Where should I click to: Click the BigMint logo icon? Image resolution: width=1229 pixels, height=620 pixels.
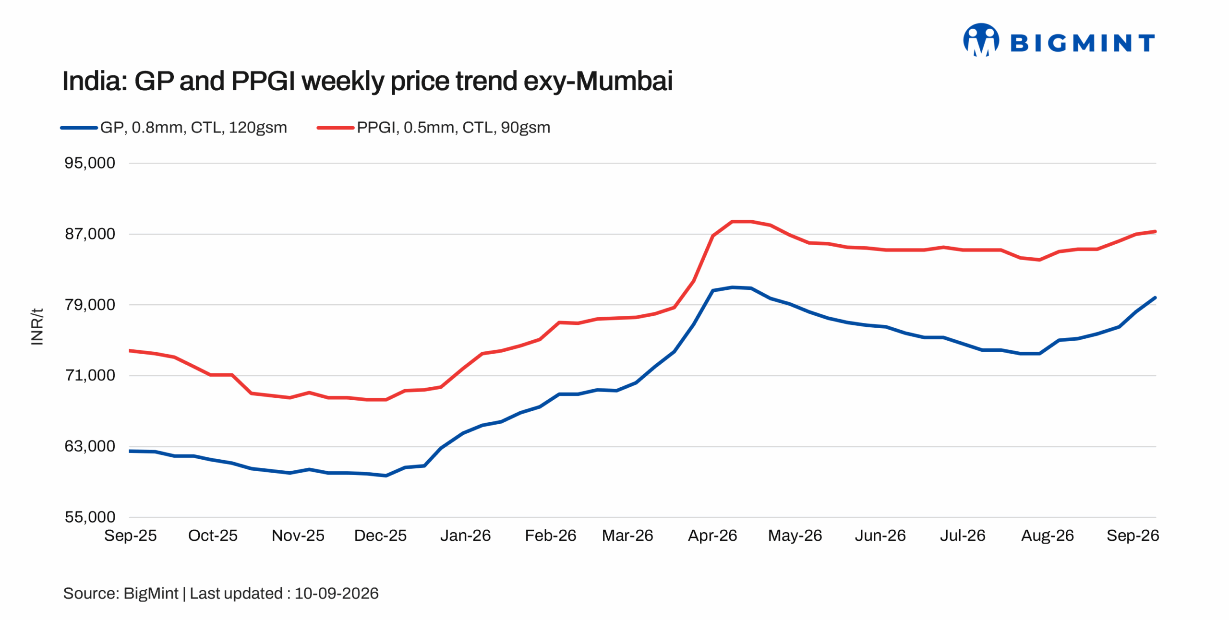pyautogui.click(x=981, y=40)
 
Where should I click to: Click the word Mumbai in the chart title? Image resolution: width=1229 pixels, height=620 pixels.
pyautogui.click(x=624, y=81)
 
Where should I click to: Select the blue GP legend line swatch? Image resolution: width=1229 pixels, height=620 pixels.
pyautogui.click(x=79, y=128)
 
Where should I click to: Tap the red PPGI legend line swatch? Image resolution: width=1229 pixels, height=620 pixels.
pyautogui.click(x=336, y=128)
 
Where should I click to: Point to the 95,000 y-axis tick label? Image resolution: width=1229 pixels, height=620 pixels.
pyautogui.click(x=90, y=163)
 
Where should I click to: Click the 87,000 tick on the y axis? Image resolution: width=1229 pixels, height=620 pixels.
pyautogui.click(x=90, y=234)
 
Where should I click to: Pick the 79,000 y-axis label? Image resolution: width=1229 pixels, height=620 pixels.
pyautogui.click(x=90, y=305)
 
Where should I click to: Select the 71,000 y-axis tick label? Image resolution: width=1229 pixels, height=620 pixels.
pyautogui.click(x=90, y=375)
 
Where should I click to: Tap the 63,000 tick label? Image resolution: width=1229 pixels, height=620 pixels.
pyautogui.click(x=90, y=446)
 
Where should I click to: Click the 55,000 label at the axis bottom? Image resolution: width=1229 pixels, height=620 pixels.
pyautogui.click(x=90, y=517)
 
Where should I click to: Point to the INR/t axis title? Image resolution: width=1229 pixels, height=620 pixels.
pyautogui.click(x=37, y=327)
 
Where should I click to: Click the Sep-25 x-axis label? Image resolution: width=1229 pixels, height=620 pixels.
pyautogui.click(x=131, y=536)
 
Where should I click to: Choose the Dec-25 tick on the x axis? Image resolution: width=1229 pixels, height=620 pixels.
pyautogui.click(x=380, y=536)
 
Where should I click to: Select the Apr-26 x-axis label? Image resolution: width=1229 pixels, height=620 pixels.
pyautogui.click(x=712, y=536)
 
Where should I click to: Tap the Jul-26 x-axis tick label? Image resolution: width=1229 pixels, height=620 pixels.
pyautogui.click(x=963, y=536)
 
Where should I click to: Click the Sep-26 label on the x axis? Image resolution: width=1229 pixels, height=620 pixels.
pyautogui.click(x=1133, y=536)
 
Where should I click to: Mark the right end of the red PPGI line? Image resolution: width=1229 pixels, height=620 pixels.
pyautogui.click(x=1155, y=232)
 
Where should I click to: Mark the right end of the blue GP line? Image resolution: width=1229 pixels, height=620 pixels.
pyautogui.click(x=1155, y=298)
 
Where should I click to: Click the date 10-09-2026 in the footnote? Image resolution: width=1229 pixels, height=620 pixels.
pyautogui.click(x=337, y=594)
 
